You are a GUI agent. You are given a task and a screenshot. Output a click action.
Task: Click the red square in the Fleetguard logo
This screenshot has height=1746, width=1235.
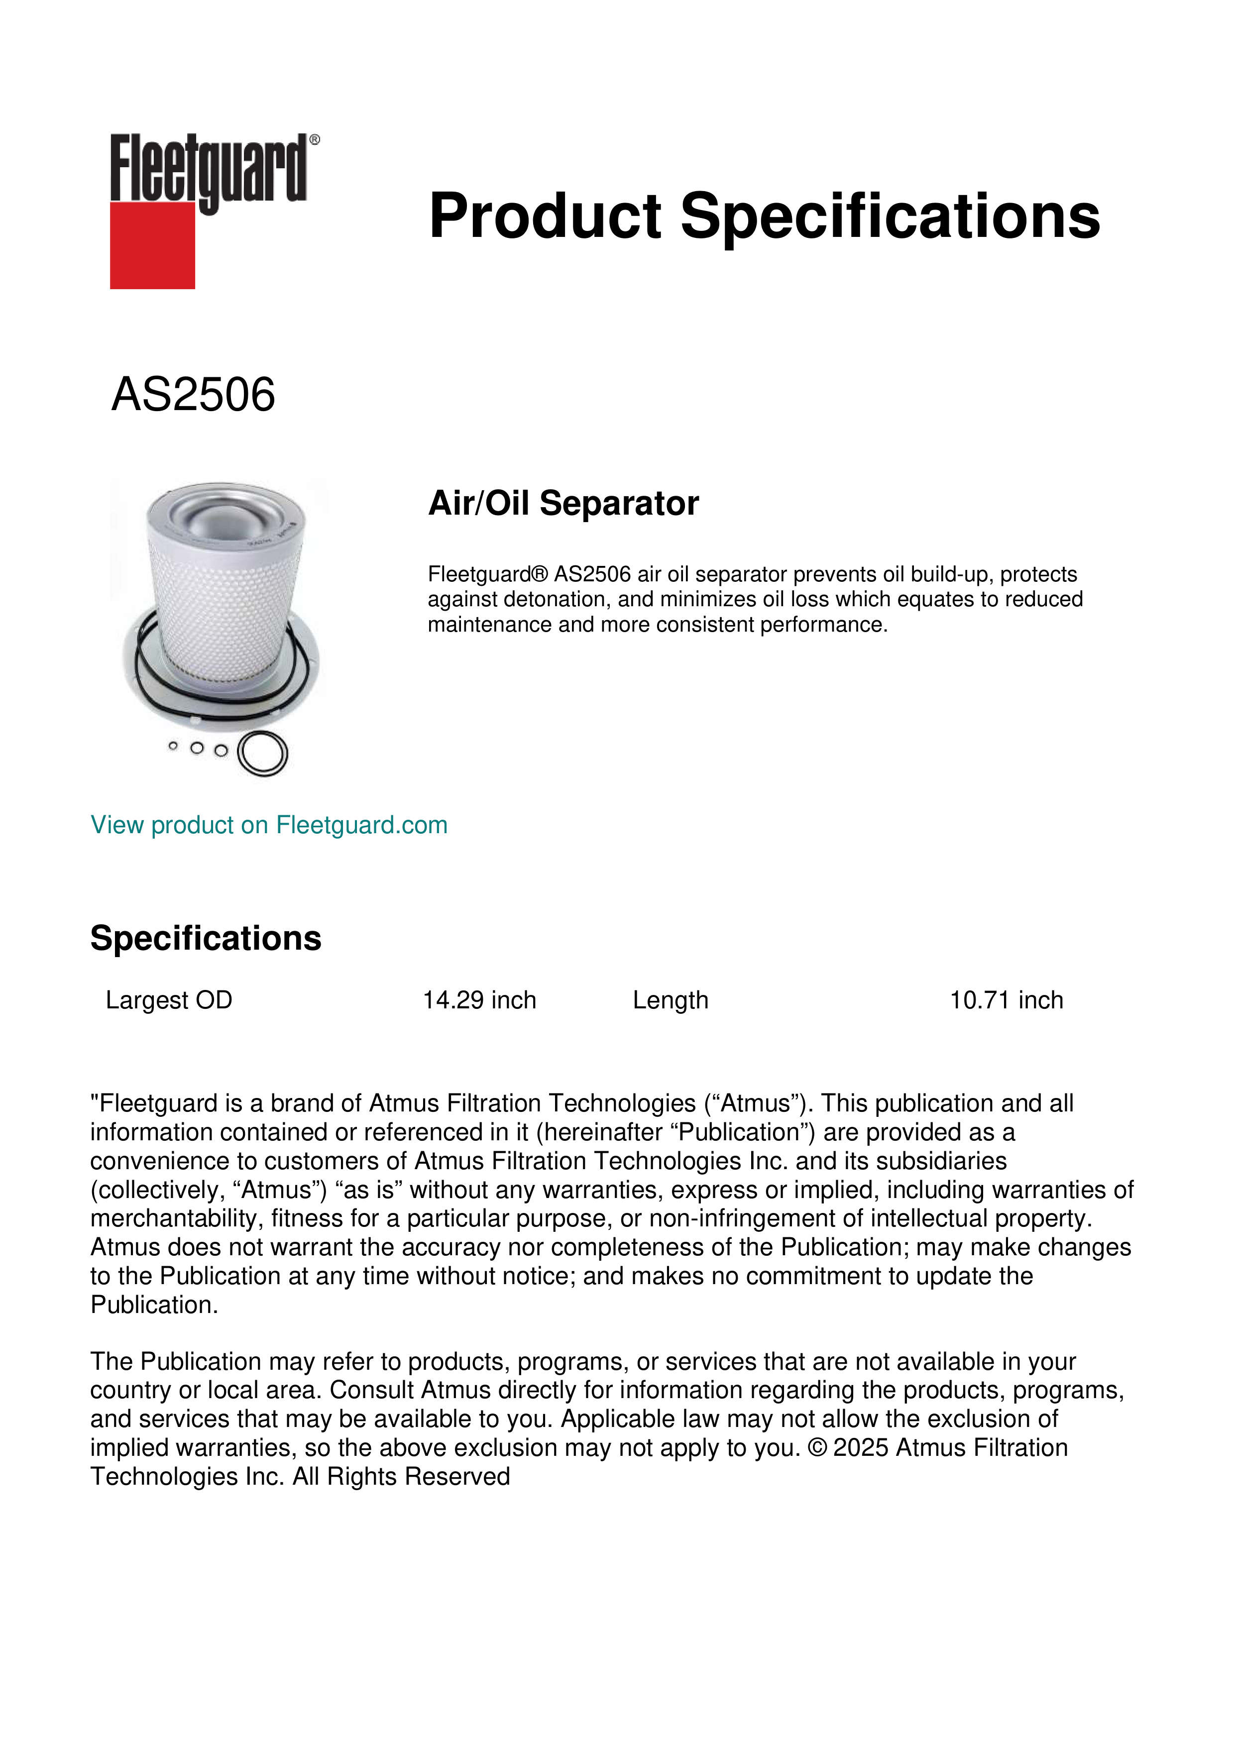152,245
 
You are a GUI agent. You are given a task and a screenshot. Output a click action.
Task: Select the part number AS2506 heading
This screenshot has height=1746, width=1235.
193,395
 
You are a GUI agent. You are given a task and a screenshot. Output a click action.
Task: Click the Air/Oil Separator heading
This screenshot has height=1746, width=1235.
563,503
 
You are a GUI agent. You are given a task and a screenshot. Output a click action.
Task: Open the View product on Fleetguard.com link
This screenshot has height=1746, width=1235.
268,825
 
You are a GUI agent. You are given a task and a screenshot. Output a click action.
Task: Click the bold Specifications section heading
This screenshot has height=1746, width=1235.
205,938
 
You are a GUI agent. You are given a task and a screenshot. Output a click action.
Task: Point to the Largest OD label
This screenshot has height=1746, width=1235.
169,1000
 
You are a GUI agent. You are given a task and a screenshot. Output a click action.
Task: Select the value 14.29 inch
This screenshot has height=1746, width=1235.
479,1000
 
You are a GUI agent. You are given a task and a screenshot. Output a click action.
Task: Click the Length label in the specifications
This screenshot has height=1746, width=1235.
670,1000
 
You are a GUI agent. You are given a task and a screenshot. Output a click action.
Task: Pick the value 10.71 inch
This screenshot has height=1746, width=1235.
1006,1000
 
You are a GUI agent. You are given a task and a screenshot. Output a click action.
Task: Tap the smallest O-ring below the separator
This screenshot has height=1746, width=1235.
173,747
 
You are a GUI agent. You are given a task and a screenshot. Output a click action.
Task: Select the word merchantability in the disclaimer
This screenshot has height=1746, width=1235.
177,1219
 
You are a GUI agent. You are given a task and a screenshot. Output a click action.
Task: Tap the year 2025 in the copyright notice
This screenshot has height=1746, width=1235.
860,1447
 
